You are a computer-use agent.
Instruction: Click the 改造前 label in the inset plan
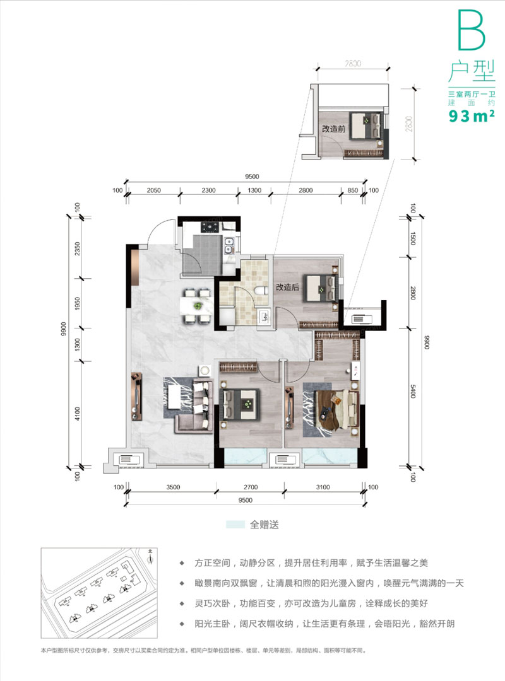[x=332, y=129]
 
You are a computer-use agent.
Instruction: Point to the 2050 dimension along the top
[x=155, y=190]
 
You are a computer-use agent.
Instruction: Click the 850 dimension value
[x=352, y=190]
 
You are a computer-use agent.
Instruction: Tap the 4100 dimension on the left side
[x=76, y=414]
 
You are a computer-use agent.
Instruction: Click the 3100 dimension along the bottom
[x=322, y=487]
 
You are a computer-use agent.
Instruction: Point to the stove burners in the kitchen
[x=210, y=225]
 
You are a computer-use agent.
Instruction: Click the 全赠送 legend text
[x=264, y=524]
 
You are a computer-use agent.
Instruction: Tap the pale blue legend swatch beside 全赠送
[x=235, y=524]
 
